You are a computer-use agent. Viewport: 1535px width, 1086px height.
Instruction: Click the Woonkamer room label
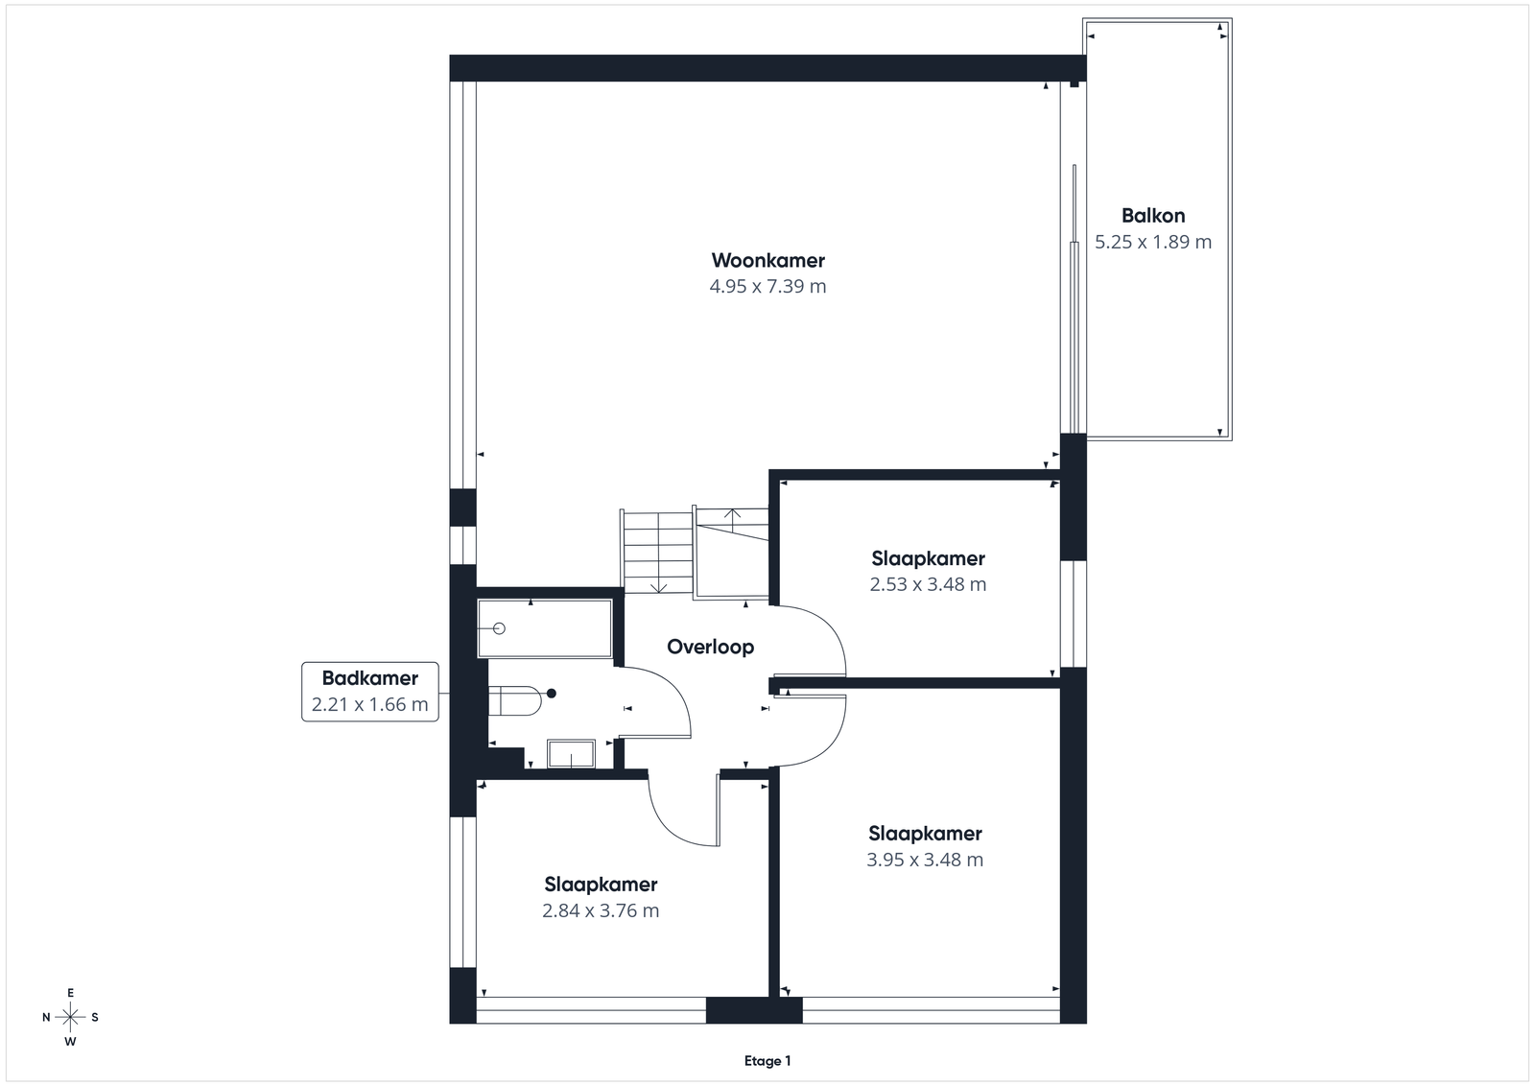coord(767,260)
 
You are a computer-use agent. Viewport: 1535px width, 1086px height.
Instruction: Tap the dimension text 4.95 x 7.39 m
coord(767,287)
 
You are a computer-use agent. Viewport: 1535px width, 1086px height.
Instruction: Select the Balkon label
coord(1153,216)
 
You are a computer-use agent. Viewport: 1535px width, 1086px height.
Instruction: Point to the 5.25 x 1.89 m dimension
coord(1153,242)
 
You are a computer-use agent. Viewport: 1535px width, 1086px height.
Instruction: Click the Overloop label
coord(711,647)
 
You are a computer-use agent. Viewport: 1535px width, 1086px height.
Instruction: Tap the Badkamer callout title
coord(370,678)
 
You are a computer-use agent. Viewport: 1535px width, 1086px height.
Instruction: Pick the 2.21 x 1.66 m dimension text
coord(370,704)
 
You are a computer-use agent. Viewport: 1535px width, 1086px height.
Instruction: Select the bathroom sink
coord(571,753)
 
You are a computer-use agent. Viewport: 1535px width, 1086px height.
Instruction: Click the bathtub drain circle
coord(499,628)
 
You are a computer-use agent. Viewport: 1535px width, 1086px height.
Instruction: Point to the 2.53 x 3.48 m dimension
coord(928,584)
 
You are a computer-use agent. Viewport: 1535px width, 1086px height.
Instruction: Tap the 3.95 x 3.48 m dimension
coord(925,860)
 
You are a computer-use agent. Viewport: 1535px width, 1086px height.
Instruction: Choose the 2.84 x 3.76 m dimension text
coord(601,910)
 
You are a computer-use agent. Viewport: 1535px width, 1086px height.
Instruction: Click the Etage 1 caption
coord(767,1061)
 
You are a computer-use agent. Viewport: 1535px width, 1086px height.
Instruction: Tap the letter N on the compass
coord(46,1018)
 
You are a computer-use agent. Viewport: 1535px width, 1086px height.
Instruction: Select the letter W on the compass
coord(70,1042)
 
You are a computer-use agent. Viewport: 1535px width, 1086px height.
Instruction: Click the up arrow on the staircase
coord(733,522)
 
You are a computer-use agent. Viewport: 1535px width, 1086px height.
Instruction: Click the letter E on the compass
coord(70,993)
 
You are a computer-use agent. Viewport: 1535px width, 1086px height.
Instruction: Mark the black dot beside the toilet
coord(551,694)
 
